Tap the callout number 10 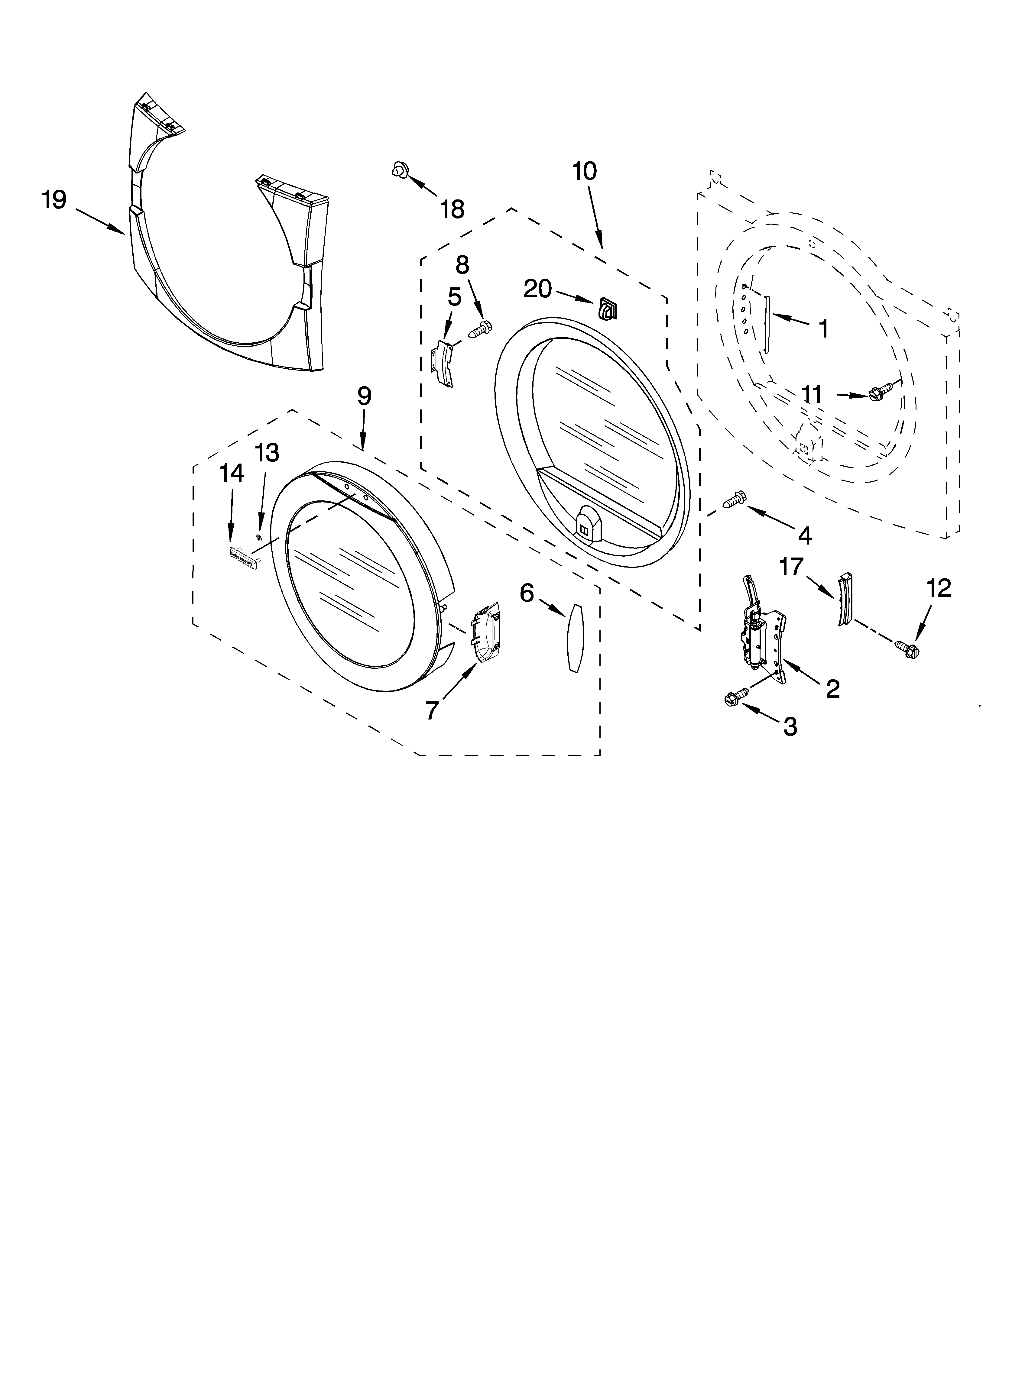coord(584,171)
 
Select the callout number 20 coord(537,288)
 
